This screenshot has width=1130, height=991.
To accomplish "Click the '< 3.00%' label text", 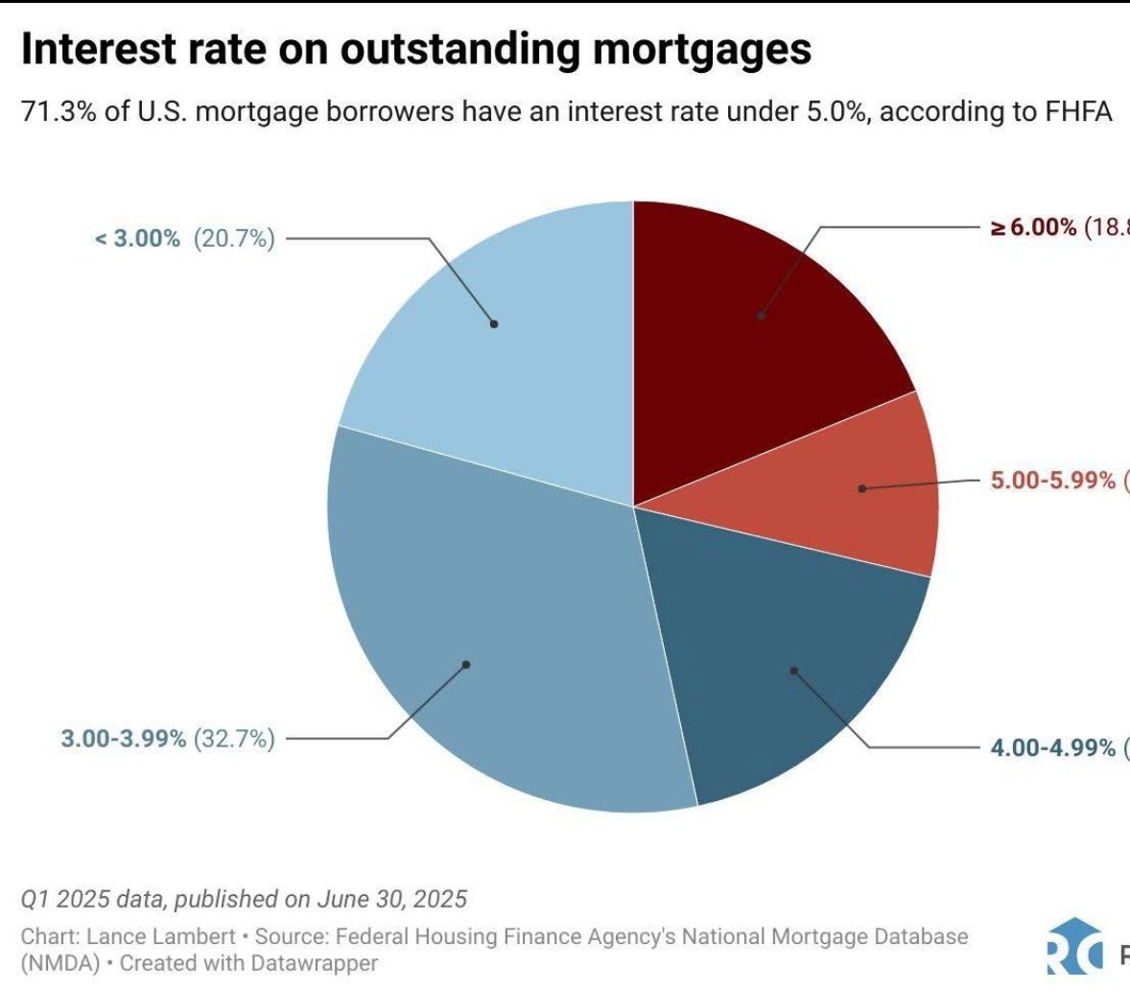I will coord(137,239).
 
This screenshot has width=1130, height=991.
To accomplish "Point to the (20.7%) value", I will coord(234,239).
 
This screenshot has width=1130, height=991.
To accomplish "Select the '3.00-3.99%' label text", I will coord(124,739).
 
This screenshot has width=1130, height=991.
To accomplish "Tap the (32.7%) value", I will coord(234,739).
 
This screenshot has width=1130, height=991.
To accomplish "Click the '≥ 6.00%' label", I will coord(1033,228).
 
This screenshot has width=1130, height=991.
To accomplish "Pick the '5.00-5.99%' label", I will coord(1053,480).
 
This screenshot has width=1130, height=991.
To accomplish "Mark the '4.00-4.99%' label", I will coord(1053,747).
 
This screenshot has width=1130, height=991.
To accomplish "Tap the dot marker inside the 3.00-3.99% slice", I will coord(466,664).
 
